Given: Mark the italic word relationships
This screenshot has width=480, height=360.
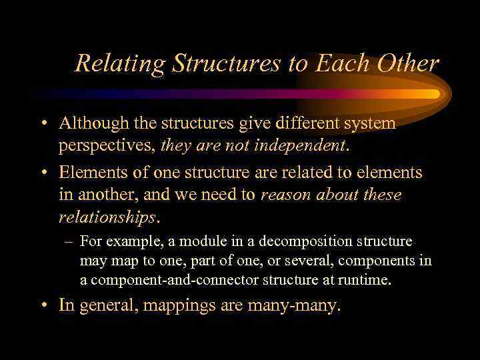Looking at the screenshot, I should (x=107, y=217).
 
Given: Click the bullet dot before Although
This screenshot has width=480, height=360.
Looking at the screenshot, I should (x=43, y=124).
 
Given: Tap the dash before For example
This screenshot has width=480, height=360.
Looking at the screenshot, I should (x=68, y=241).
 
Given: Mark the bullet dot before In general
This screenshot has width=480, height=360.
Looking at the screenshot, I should (x=43, y=307).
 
